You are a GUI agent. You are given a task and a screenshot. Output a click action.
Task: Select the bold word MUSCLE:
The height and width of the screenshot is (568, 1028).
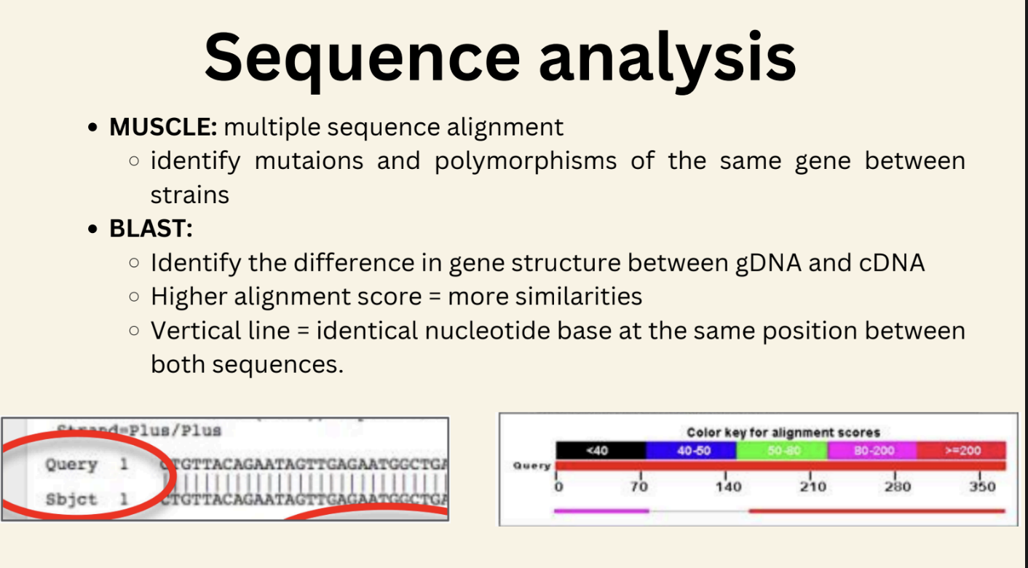(163, 127)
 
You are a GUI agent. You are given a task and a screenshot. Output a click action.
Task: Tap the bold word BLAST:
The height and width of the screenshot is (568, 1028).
(151, 228)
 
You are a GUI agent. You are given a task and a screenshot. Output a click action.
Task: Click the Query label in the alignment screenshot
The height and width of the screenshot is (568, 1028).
(71, 465)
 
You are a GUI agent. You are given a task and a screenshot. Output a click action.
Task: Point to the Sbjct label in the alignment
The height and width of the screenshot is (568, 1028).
(71, 500)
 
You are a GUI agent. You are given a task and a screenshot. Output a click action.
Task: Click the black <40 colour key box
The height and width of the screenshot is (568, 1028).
(601, 450)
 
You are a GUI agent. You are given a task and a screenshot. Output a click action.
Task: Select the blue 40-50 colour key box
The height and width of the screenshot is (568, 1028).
(691, 450)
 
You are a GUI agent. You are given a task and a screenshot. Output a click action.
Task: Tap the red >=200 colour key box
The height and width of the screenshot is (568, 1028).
(962, 450)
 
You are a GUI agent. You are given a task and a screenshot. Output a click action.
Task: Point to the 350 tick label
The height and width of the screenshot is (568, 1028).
(982, 486)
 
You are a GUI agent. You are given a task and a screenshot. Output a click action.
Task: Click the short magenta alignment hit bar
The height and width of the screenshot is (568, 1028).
(601, 510)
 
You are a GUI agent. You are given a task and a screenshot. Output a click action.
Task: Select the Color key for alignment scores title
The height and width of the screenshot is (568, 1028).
(783, 432)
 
